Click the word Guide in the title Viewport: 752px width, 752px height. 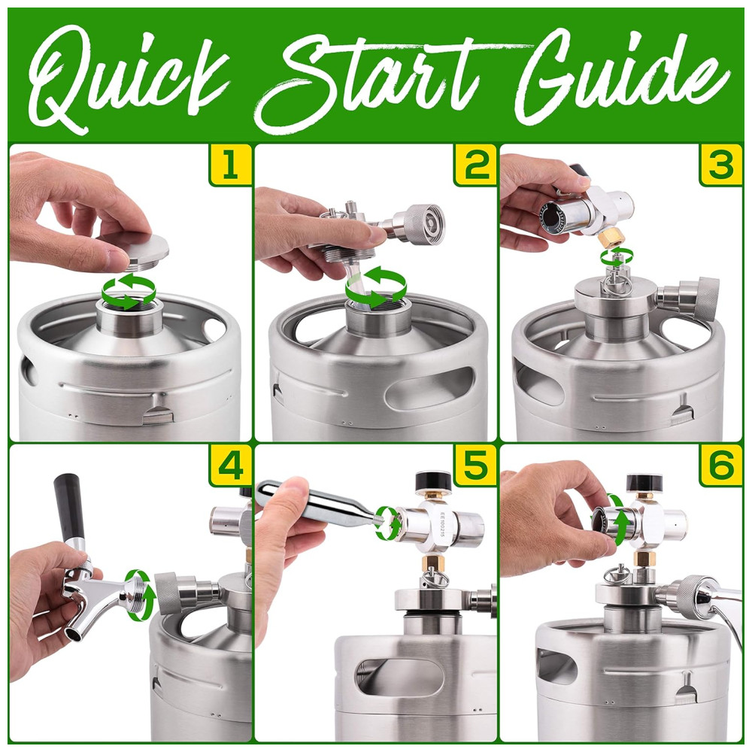[x=619, y=77]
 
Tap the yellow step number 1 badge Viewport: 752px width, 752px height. [x=230, y=165]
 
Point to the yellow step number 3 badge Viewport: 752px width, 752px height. [x=721, y=165]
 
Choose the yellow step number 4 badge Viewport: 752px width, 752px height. [x=230, y=465]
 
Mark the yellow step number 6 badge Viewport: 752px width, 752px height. [x=721, y=465]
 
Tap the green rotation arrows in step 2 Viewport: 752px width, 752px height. [x=376, y=287]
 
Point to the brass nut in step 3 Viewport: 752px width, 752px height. [x=611, y=238]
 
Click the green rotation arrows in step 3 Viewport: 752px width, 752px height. [x=617, y=259]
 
